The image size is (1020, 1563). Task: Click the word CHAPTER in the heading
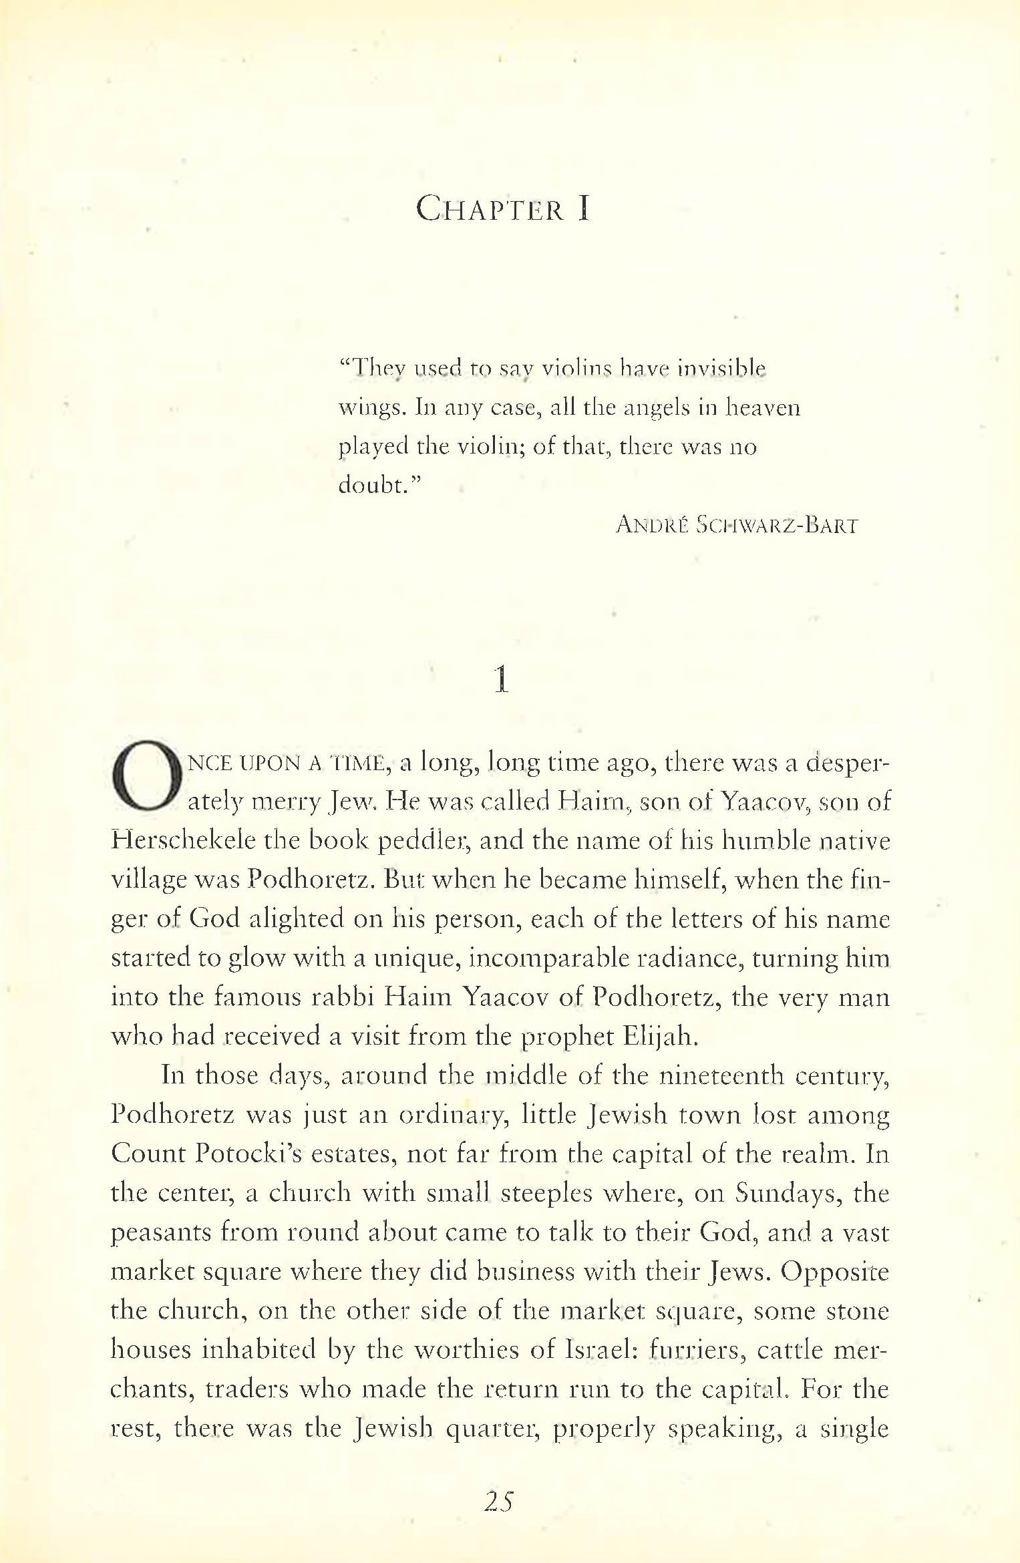tap(490, 209)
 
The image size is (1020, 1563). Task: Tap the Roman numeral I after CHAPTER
tap(584, 209)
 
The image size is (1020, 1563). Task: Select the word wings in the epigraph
tap(370, 408)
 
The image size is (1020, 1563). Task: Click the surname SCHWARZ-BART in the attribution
tap(777, 525)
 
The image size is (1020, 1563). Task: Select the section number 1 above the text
tap(501, 680)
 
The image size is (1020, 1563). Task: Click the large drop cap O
tap(147, 776)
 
